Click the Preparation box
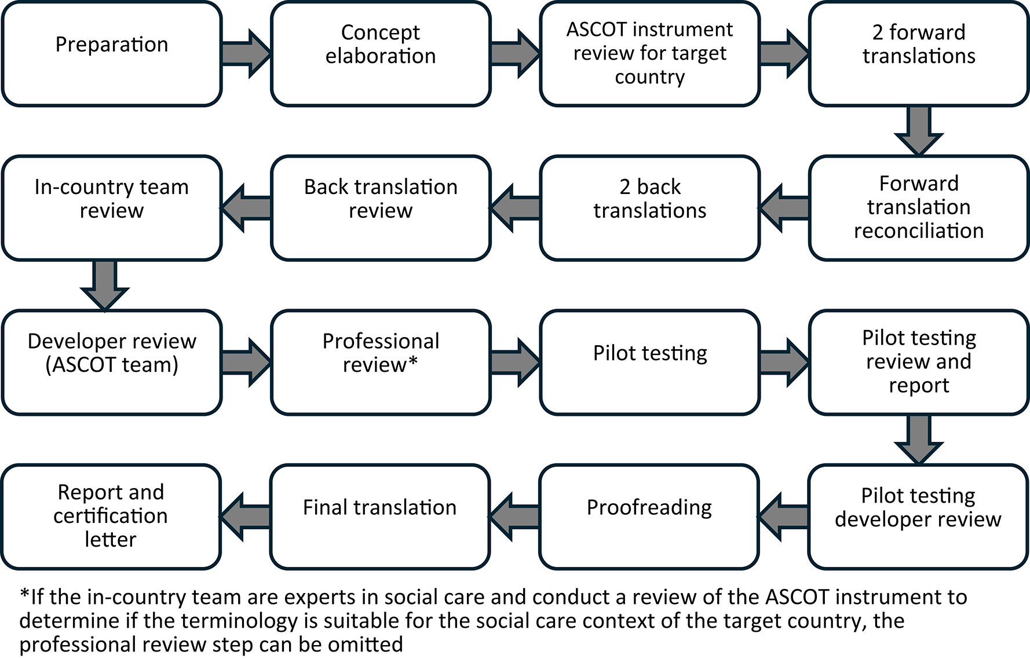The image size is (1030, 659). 112,54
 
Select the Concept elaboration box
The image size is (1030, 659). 381,54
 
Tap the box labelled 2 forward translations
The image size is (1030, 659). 919,54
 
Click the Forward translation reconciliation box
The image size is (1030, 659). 919,208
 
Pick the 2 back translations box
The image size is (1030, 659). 649,208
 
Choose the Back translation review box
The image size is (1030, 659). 381,208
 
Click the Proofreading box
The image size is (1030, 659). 649,517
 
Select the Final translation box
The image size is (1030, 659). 380,517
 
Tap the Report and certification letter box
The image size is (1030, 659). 111,517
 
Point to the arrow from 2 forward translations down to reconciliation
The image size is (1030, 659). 919,131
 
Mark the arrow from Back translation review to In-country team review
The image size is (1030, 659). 246,208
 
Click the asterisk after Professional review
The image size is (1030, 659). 412,363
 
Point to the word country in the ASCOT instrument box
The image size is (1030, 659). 649,77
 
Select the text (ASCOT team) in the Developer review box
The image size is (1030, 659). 112,365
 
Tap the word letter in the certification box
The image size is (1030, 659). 111,540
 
